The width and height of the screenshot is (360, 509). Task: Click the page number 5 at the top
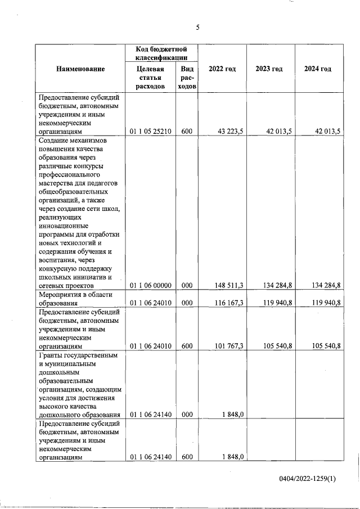click(x=198, y=27)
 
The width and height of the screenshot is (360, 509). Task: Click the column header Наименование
click(x=80, y=69)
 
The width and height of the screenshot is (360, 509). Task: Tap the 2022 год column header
click(x=222, y=69)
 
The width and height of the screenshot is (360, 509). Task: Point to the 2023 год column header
click(x=269, y=69)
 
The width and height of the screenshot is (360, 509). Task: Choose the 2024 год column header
click(x=318, y=69)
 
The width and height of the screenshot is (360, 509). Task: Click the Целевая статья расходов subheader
click(x=150, y=78)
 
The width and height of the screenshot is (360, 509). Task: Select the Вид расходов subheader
click(x=187, y=78)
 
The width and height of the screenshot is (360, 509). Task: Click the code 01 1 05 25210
click(x=150, y=132)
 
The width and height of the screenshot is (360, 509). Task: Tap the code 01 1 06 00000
click(x=150, y=286)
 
